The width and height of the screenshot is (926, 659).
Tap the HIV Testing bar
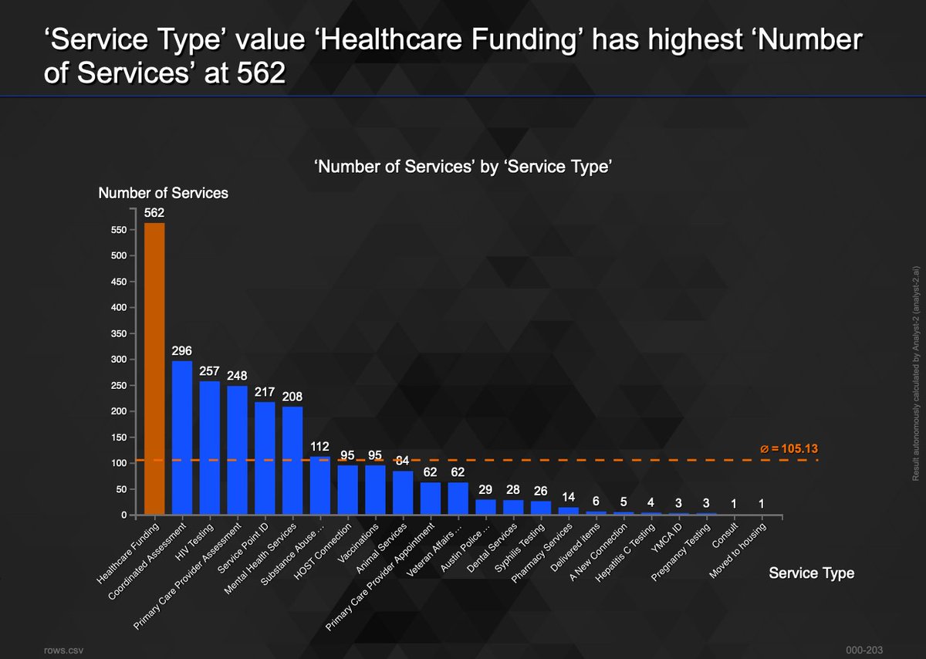pos(210,448)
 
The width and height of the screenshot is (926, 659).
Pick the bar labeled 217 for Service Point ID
pos(265,458)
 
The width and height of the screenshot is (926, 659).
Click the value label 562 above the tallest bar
pos(154,213)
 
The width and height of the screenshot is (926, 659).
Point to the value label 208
pos(292,397)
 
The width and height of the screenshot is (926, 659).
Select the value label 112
pos(319,446)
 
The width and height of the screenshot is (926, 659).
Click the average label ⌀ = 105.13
pos(789,448)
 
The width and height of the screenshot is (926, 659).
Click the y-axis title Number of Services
pos(163,193)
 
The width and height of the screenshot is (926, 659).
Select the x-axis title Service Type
pos(811,573)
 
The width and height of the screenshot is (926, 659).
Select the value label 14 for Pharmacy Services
pos(568,497)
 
